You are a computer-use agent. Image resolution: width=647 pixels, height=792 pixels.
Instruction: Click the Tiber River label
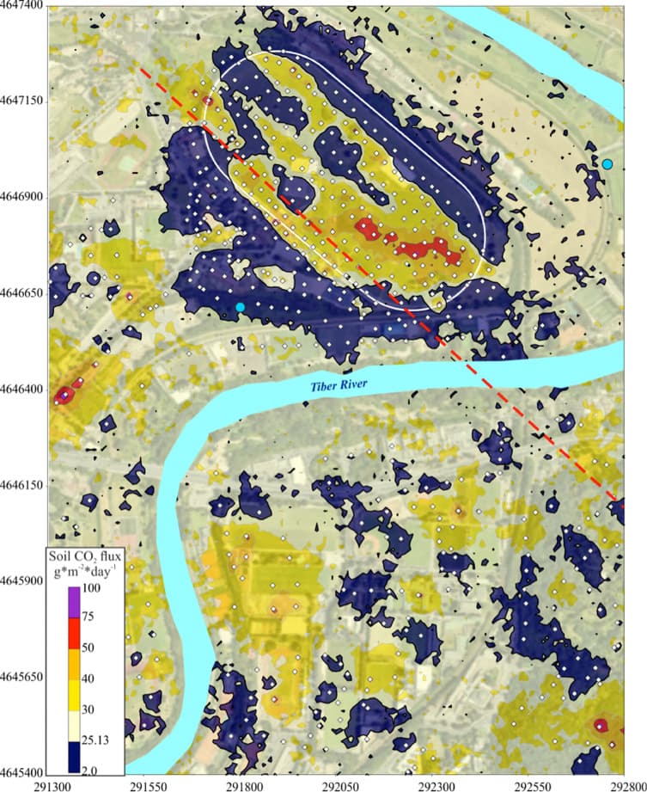pos(344,387)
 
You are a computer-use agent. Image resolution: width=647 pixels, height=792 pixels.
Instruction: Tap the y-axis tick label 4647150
pos(23,101)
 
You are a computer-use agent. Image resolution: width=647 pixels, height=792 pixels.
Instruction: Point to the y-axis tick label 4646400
pos(23,390)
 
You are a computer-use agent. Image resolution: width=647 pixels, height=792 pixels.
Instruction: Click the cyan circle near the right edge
pos(607,164)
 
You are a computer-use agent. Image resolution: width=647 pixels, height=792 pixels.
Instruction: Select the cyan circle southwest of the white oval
pos(240,307)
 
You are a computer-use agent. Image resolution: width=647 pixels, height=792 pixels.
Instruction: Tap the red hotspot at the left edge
pos(63,396)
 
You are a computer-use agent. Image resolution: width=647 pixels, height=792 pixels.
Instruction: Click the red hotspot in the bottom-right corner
pos(600,725)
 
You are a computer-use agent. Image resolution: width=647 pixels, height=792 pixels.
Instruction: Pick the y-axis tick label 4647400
pos(23,7)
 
